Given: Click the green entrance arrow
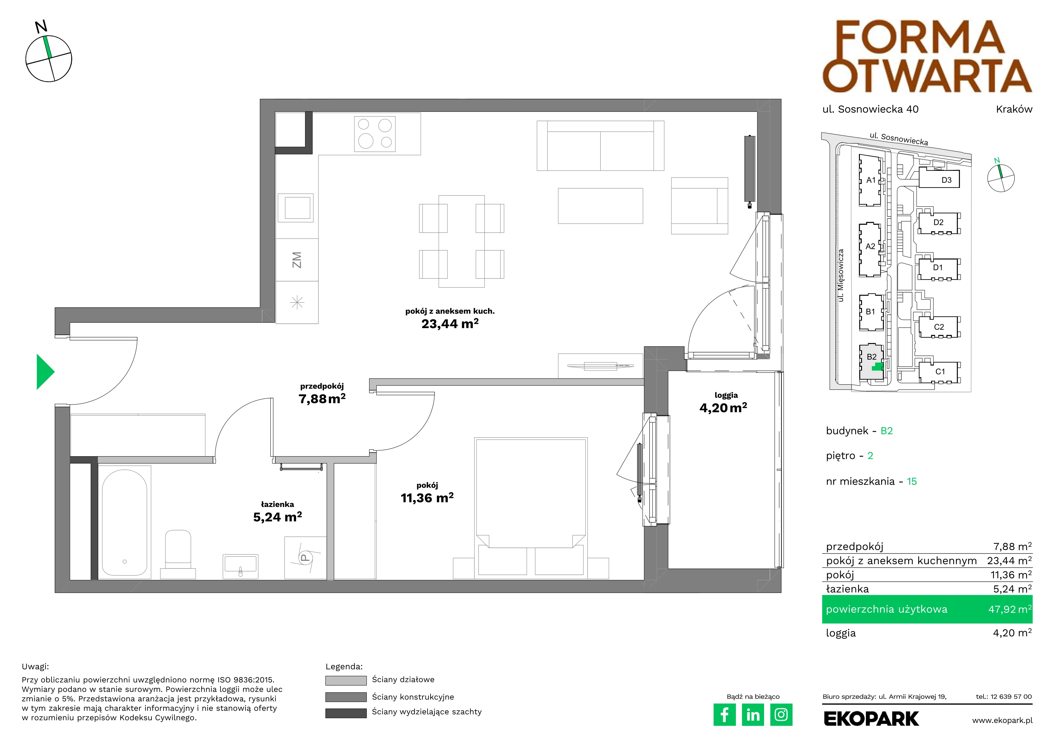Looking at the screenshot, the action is coord(45,372).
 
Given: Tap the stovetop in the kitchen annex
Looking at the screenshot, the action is coord(375,134).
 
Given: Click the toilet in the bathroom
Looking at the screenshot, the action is coord(178,554).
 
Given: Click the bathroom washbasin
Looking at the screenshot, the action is coord(240,567).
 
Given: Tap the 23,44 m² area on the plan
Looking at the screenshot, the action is coord(450,324).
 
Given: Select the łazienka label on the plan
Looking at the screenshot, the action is coord(277,504).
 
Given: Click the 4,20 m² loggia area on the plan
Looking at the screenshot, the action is coord(723,408).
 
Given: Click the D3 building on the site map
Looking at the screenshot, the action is coord(939,179).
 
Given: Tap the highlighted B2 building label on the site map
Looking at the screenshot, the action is coord(872,357).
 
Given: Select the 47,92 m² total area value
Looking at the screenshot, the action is coord(1010,609).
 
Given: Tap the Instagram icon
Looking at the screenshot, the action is coord(781,715).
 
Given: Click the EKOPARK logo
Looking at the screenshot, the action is coord(871,719).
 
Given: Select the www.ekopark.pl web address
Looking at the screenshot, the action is coord(1002,721).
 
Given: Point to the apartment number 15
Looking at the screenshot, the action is coord(912,481).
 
